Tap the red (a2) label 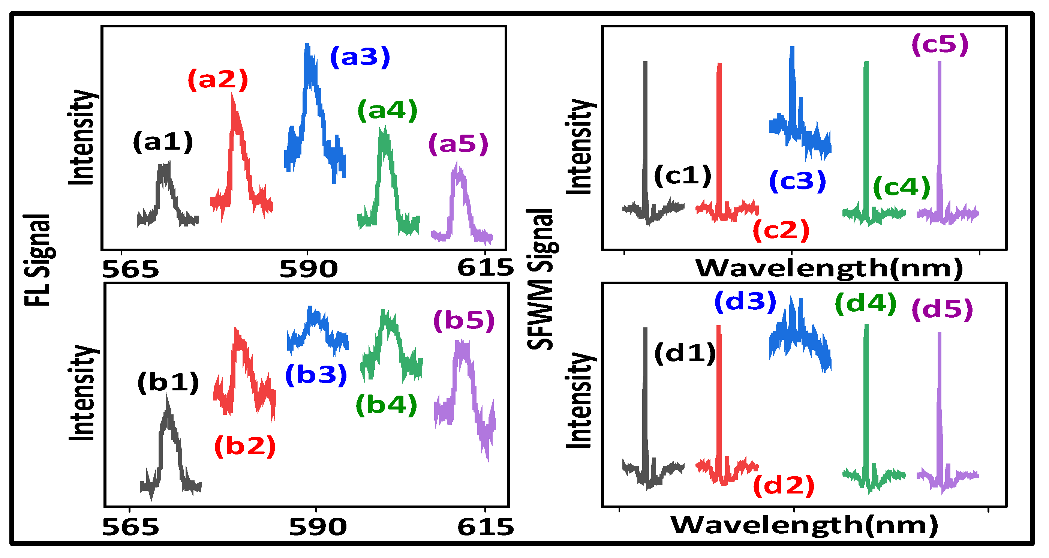click(x=218, y=79)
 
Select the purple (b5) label click(x=464, y=321)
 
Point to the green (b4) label click(x=387, y=405)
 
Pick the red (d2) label click(x=784, y=486)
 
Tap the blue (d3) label click(x=745, y=302)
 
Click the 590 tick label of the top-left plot click(x=309, y=269)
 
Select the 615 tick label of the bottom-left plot click(x=486, y=528)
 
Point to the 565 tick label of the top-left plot click(x=130, y=269)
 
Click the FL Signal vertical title click(x=37, y=261)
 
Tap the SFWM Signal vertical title click(x=541, y=279)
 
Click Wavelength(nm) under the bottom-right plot click(x=804, y=525)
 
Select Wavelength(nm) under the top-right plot click(x=829, y=269)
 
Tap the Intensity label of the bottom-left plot click(x=82, y=393)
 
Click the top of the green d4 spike click(x=866, y=326)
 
